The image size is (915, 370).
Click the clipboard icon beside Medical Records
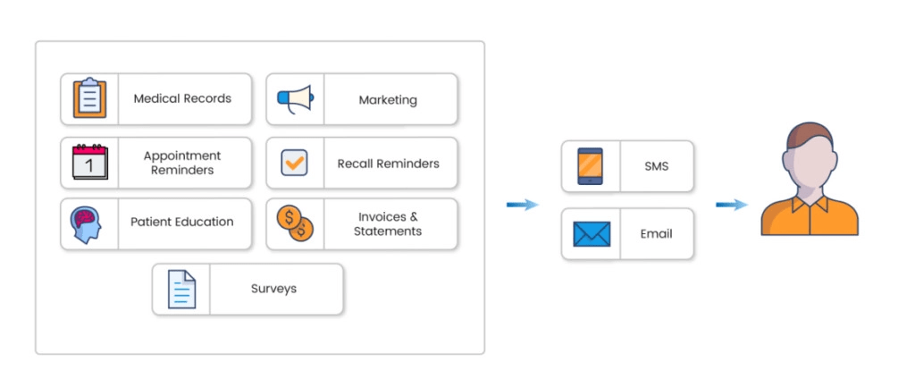pos(89,98)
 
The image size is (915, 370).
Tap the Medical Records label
pos(182,98)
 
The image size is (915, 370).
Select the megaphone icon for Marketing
pos(295,98)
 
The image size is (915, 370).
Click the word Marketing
pos(388,99)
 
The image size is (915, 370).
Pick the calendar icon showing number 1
pos(89,162)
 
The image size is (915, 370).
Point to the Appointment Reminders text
pos(182,163)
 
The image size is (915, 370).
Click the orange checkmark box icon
pos(295,162)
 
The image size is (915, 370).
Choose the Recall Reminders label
pos(388,164)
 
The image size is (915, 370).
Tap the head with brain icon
pos(89,223)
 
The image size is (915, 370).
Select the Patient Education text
pos(182,222)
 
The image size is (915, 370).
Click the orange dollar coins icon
pos(295,223)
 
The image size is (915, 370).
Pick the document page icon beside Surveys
pos(181,289)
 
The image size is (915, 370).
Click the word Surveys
pos(273,289)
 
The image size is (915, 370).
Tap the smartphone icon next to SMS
pos(590,166)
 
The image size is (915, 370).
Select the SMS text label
pos(656,166)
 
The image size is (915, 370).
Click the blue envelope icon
pos(591,234)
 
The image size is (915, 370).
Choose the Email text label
pos(656,234)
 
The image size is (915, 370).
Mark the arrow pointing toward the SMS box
pos(523,205)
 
